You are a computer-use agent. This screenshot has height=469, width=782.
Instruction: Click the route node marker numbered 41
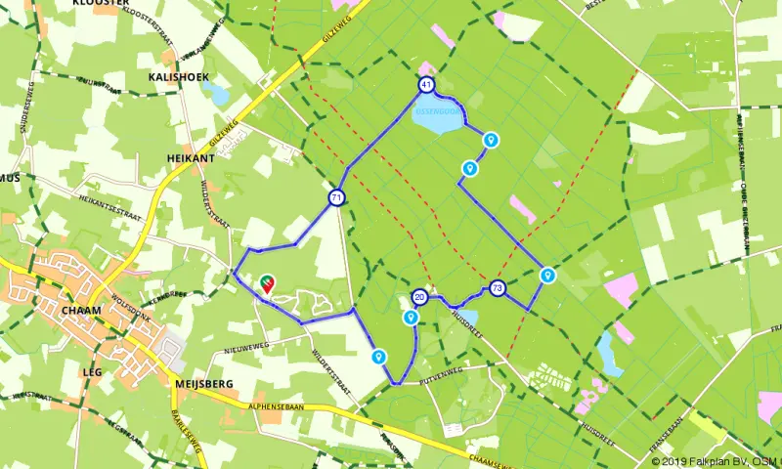tap(426, 85)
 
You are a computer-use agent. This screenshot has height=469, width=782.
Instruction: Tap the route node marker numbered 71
tap(336, 198)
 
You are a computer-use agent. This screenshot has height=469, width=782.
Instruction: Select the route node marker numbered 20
tap(419, 296)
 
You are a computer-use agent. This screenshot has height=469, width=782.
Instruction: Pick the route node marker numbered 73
tap(498, 288)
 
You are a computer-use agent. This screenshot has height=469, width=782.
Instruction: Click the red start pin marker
tap(268, 283)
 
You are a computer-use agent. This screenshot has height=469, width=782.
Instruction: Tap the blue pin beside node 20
tap(411, 317)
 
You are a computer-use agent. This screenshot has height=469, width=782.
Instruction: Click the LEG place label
tap(94, 372)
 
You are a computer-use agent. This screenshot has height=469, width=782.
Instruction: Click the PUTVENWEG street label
tap(442, 373)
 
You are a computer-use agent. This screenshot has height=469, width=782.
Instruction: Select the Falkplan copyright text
tap(715, 461)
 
